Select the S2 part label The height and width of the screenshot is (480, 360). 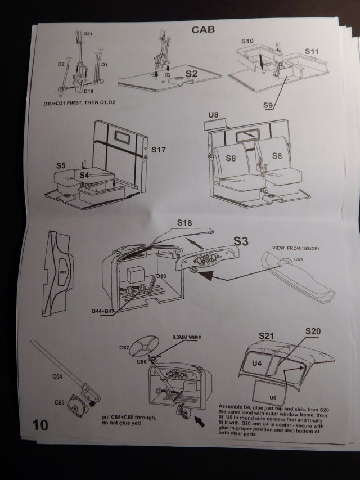click(191, 73)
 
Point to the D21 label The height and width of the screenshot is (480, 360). click(88, 35)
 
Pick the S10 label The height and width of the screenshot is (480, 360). click(248, 41)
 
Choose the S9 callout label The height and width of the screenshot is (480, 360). click(269, 104)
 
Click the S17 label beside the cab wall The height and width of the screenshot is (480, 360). click(159, 151)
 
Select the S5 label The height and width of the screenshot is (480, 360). click(61, 165)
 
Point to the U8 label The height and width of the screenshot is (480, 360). click(213, 115)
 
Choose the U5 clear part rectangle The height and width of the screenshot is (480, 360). click(273, 389)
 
